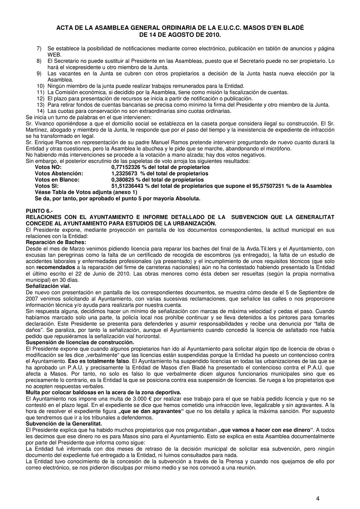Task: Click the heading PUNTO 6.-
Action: (x=39, y=211)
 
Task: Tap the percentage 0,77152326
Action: (x=127, y=167)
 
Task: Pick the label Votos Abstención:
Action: (x=59, y=173)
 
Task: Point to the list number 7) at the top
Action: (x=39, y=48)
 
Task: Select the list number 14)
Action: (x=40, y=111)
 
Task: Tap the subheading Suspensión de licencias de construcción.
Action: (x=80, y=342)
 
